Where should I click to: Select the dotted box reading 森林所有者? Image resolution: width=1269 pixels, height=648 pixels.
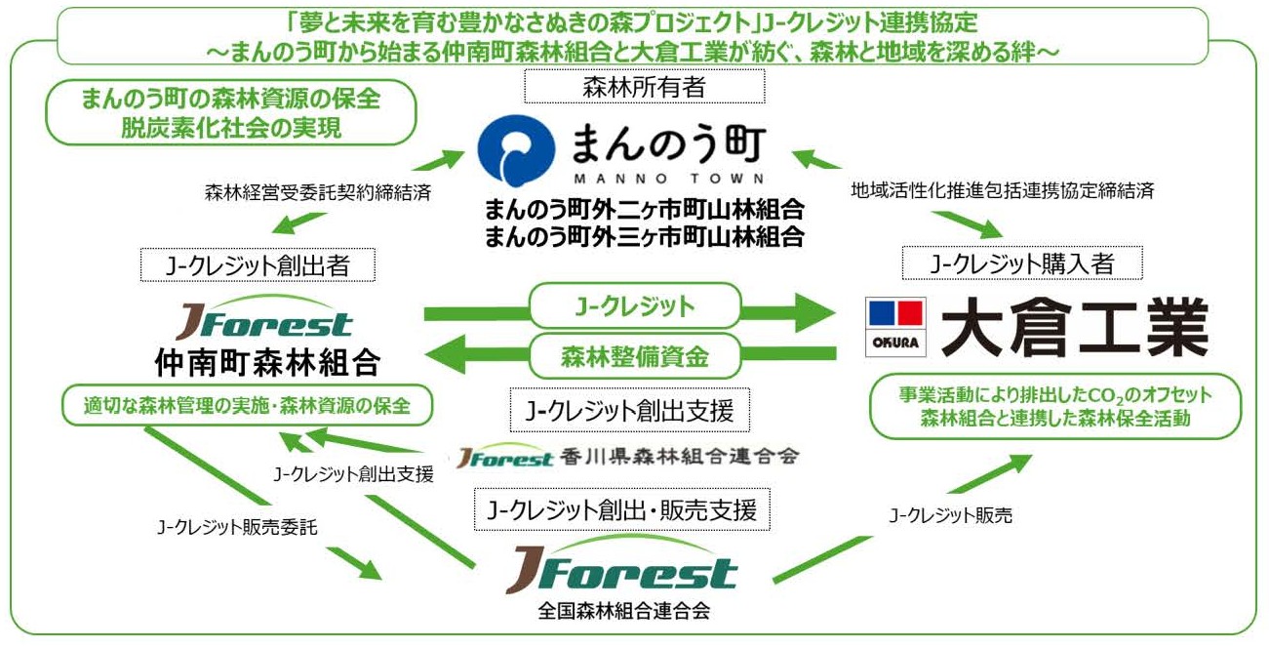pyautogui.click(x=643, y=88)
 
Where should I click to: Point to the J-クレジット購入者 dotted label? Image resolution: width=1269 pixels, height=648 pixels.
pyautogui.click(x=1021, y=263)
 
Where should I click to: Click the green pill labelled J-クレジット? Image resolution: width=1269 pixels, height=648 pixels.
pyautogui.click(x=634, y=306)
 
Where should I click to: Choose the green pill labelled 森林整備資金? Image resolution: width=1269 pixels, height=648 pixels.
pyautogui.click(x=634, y=357)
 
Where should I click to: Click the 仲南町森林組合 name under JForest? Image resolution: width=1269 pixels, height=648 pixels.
pyautogui.click(x=266, y=365)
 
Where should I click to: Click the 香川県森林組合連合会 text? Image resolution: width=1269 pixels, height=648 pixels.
pyautogui.click(x=681, y=457)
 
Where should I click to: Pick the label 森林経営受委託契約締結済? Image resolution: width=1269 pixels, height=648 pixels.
pyautogui.click(x=319, y=192)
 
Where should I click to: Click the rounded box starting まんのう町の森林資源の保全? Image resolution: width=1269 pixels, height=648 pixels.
pyautogui.click(x=231, y=111)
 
